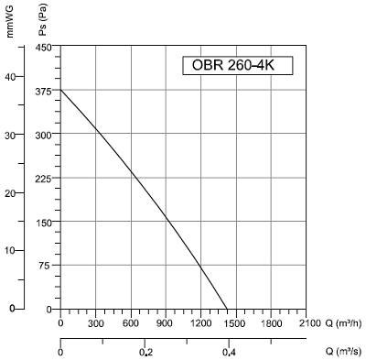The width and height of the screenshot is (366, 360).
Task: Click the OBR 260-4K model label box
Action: tap(238, 65)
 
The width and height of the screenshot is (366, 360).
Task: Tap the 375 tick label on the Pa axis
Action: tap(43, 92)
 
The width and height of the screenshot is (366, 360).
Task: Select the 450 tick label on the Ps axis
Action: tap(43, 48)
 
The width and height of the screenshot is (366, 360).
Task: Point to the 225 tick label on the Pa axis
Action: tap(43, 179)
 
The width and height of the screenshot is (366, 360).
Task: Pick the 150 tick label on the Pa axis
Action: tap(43, 222)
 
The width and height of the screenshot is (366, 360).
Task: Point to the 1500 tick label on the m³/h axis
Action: tap(235, 323)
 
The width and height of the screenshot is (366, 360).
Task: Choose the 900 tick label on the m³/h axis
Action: tap(166, 323)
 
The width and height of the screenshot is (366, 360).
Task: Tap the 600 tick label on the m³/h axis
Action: tap(131, 323)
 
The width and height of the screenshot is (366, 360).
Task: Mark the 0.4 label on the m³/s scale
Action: tap(229, 353)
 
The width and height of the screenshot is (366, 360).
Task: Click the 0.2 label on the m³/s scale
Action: tap(145, 353)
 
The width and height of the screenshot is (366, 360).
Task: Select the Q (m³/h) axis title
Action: tap(343, 323)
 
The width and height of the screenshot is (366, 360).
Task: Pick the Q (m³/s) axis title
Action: tap(343, 352)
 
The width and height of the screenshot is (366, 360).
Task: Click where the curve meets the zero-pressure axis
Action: tap(227, 309)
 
